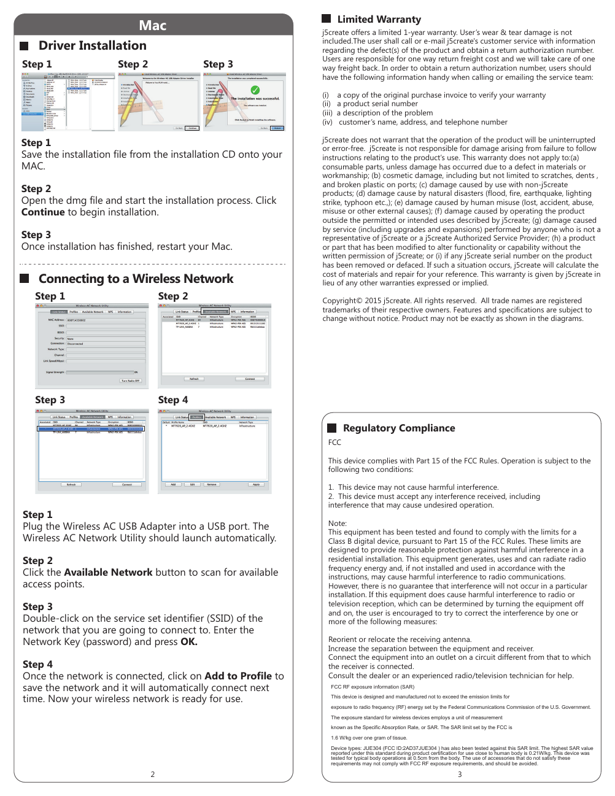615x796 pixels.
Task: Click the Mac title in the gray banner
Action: coord(153,25)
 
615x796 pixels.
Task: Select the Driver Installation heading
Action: coord(92,45)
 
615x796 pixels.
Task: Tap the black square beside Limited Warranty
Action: coord(327,19)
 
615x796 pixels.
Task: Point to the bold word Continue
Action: coord(43,212)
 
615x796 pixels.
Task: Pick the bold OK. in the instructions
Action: coord(189,642)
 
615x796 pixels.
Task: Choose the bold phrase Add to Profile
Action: coord(238,676)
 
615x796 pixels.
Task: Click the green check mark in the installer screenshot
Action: coord(255,90)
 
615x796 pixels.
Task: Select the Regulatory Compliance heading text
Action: coord(399,428)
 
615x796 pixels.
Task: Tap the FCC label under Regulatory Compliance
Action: coord(335,442)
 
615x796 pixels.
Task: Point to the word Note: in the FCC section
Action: coord(338,524)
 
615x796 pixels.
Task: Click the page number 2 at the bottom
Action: coord(153,775)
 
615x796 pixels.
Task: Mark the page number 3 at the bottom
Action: coord(460,775)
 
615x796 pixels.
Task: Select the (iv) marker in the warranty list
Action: coord(328,122)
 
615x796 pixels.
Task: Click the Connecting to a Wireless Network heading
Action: coord(136,279)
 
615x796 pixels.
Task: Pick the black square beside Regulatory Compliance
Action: coord(332,428)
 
